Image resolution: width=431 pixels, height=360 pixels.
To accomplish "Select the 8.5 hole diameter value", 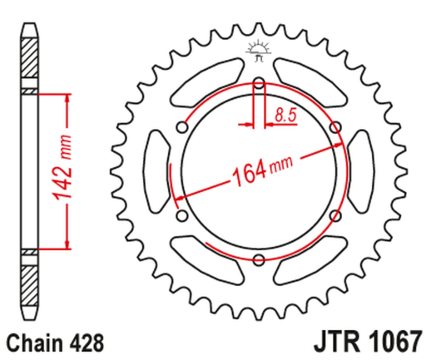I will click(285, 116).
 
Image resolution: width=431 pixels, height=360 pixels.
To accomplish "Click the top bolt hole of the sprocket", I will click(258, 83).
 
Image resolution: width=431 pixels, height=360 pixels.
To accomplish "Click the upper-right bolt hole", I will click(334, 127).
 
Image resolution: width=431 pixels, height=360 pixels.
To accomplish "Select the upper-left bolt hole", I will click(181, 127).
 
